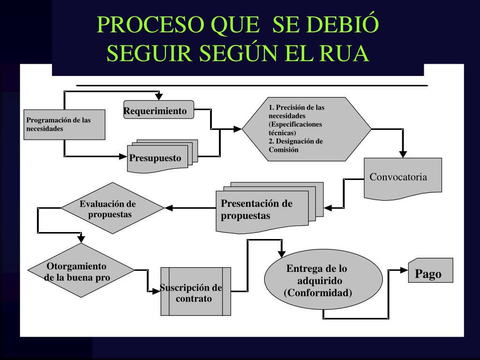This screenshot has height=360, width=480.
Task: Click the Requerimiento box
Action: (158, 110)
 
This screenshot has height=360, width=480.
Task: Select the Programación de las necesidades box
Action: (64, 125)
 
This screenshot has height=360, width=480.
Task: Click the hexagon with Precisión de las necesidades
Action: (306, 129)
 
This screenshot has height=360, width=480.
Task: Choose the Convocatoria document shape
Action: (403, 178)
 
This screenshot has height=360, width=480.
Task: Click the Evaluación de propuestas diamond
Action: (112, 208)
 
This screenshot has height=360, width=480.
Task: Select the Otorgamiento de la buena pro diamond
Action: (81, 271)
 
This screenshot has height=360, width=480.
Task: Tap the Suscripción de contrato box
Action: (195, 292)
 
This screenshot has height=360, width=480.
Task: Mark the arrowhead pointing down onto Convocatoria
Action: (403, 154)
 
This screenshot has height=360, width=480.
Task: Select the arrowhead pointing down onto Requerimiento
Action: (159, 97)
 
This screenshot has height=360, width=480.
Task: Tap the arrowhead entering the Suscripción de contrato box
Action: (156, 291)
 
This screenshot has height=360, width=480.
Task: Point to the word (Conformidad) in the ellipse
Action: (318, 293)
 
